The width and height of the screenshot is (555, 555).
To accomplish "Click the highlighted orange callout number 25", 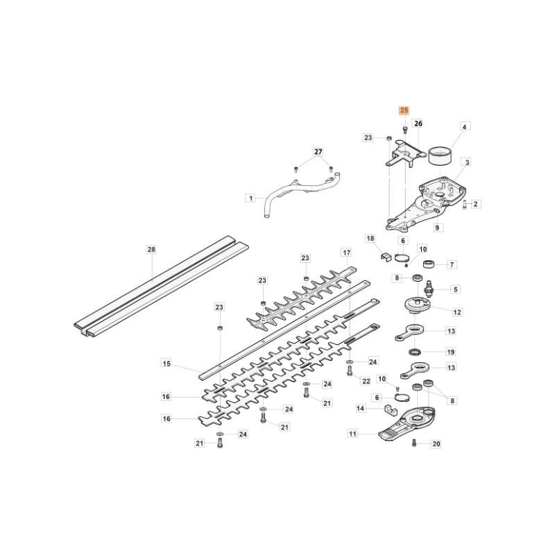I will (404, 110).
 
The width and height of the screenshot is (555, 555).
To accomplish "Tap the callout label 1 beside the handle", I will (250, 198).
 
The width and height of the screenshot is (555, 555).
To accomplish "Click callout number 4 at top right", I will (465, 126).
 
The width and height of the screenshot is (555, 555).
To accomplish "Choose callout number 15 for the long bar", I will (166, 363).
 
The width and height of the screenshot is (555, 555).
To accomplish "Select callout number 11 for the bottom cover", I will (352, 434).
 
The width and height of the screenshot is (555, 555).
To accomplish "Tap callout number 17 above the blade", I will (345, 252).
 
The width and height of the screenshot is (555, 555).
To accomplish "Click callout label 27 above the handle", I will (318, 151).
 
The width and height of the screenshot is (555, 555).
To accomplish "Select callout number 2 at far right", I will (476, 204).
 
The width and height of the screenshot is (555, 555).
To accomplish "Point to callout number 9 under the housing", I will (437, 227).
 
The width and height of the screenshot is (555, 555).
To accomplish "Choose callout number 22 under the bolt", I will (366, 382).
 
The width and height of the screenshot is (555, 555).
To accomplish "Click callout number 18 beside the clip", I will (370, 238).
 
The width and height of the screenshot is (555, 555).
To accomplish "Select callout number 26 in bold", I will (418, 123).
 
